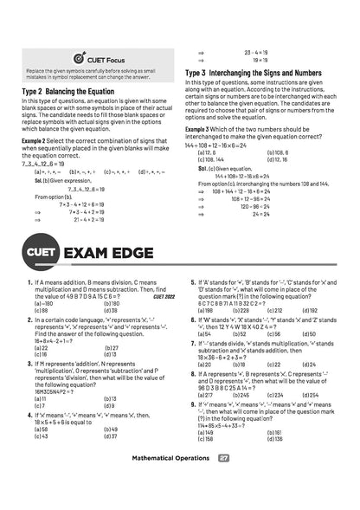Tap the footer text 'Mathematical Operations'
pos(169,481)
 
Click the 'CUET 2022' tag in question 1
pos(162,297)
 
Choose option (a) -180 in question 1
pos(42,304)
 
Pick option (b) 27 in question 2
pos(111,348)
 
